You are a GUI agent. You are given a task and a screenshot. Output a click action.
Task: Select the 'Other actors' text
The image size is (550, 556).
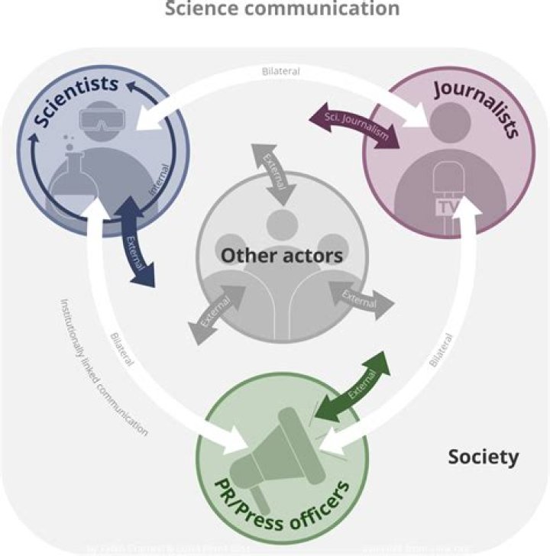pos(282,255)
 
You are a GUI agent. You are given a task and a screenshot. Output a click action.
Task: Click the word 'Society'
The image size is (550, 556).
pos(483,457)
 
